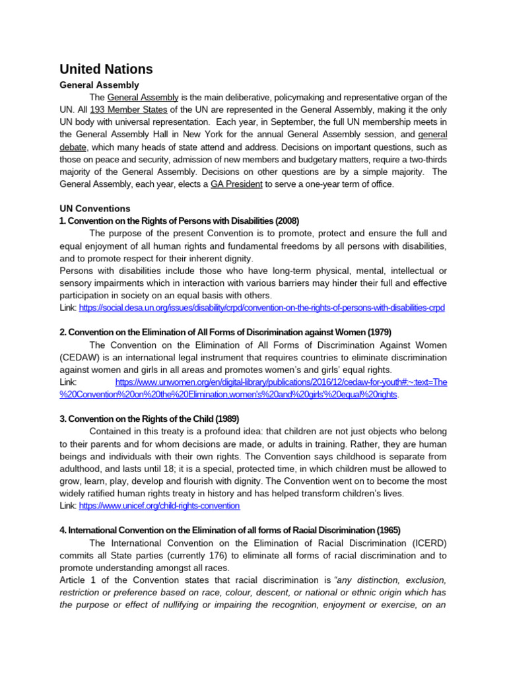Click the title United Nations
[x=106, y=69]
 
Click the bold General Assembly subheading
[x=99, y=85]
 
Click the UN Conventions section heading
[x=95, y=209]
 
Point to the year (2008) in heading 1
[x=287, y=220]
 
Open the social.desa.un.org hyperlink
[x=262, y=308]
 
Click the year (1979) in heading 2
[x=380, y=332]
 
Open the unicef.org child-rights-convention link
[x=159, y=506]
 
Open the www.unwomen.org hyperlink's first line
[x=281, y=382]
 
